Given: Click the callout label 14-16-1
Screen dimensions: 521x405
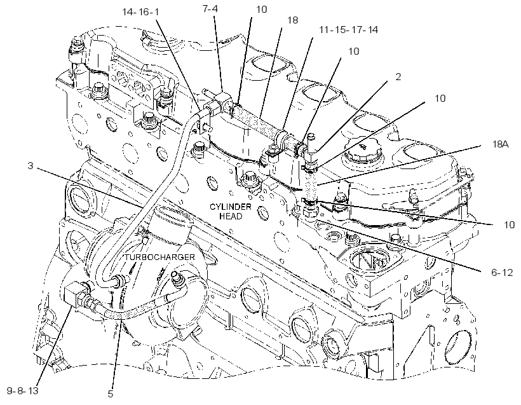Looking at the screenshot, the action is pyautogui.click(x=140, y=12).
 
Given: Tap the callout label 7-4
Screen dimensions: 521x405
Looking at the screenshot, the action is pyautogui.click(x=210, y=9).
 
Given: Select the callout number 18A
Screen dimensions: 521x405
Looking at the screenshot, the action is pyautogui.click(x=500, y=144).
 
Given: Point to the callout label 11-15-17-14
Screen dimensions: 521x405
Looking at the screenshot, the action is pyautogui.click(x=349, y=30).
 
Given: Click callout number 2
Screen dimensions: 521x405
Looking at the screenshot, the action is pyautogui.click(x=398, y=77).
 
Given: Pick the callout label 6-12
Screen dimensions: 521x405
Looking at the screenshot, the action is pyautogui.click(x=502, y=273).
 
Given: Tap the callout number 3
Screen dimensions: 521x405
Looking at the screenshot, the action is pyautogui.click(x=30, y=165).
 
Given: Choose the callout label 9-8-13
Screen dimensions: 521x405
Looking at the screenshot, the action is pyautogui.click(x=23, y=390).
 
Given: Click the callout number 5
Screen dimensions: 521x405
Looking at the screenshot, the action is pyautogui.click(x=111, y=394).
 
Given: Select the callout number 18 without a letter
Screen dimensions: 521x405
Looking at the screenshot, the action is pyautogui.click(x=292, y=20).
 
